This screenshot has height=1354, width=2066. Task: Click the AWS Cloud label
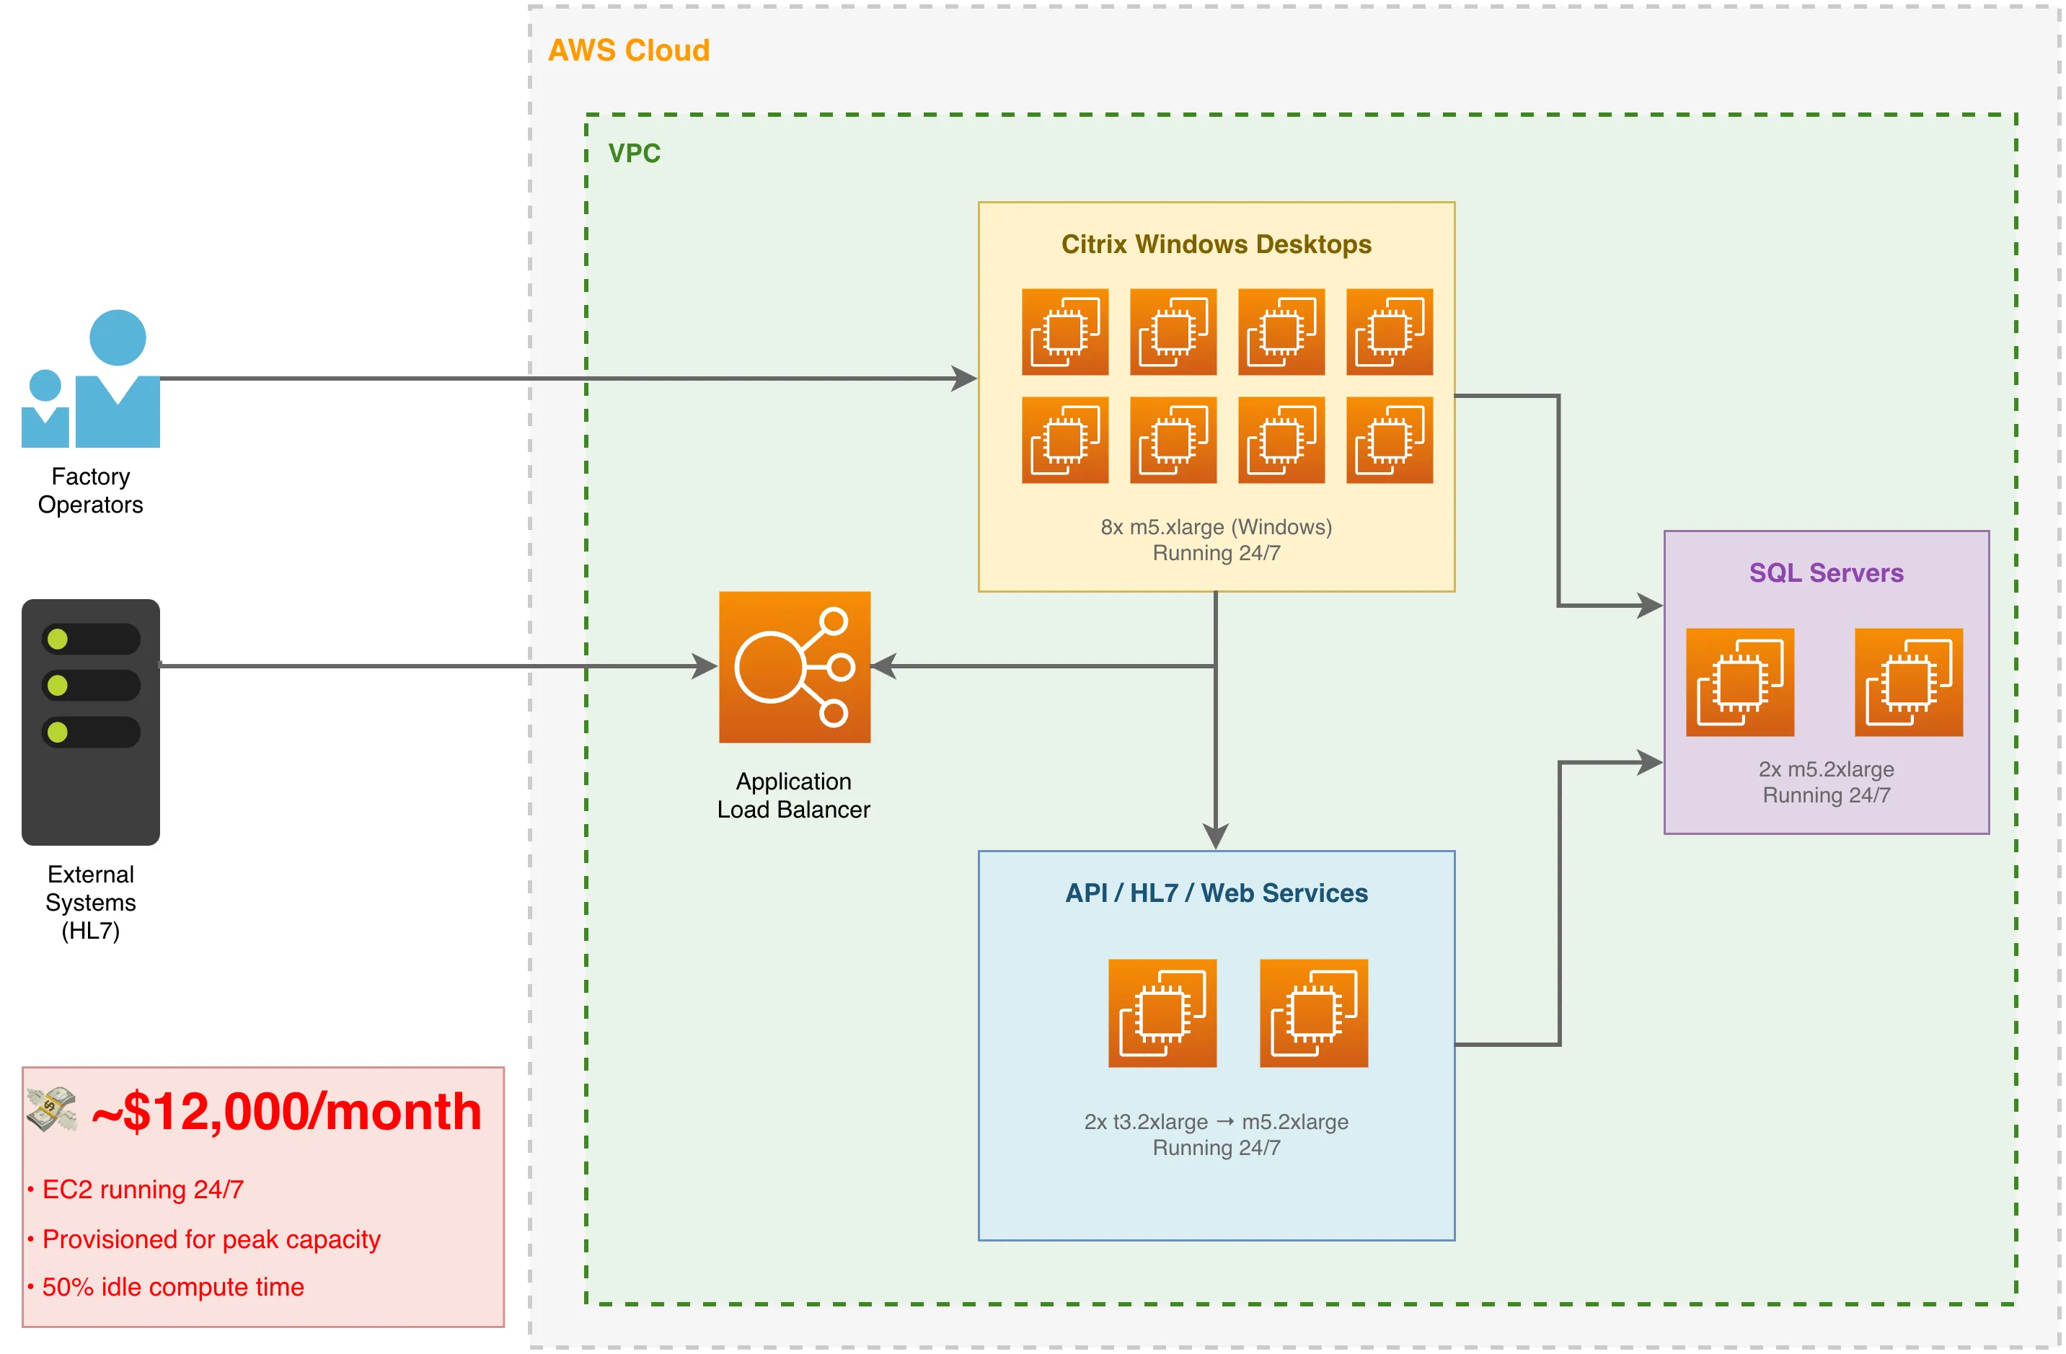tap(629, 50)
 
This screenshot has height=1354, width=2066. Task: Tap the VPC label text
tap(634, 153)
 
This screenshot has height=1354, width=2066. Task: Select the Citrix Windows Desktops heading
tap(1215, 244)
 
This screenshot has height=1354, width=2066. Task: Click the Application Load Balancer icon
tap(794, 667)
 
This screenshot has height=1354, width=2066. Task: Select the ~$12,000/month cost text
tap(286, 1111)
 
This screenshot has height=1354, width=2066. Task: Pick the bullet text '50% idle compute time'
tap(173, 1286)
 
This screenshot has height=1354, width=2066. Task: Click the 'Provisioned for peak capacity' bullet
tap(211, 1239)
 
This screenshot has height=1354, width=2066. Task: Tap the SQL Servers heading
tap(1826, 573)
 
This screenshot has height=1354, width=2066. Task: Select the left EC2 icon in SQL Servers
tap(1739, 682)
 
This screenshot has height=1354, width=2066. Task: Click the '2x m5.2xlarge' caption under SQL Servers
tap(1826, 769)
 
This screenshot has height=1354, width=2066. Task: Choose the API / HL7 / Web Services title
tap(1215, 893)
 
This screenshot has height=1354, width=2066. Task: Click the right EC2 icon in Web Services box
tap(1313, 1013)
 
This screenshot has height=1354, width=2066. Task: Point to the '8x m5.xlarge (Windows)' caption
tap(1215, 527)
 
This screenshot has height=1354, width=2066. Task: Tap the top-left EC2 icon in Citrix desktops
tap(1065, 332)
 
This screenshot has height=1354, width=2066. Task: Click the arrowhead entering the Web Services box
tap(1215, 837)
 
